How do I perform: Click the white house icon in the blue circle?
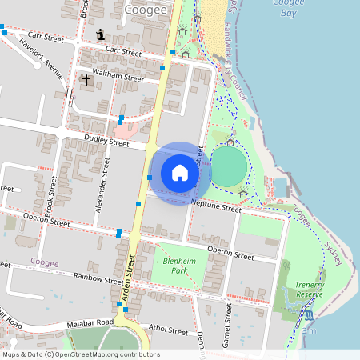coord(180,173)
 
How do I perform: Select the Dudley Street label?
coord(106,142)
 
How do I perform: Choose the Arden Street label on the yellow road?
coord(127,279)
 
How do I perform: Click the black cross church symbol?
coord(86,80)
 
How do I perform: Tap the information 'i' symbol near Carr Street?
coord(100,34)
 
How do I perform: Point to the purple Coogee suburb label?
coord(44,262)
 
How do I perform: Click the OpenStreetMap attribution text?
coord(81,354)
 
